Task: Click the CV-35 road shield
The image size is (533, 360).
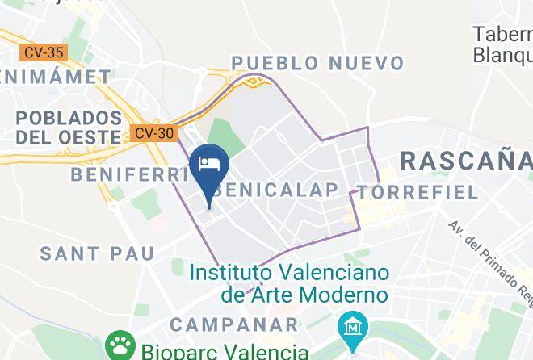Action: coord(44,52)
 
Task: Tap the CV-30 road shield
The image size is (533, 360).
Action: coord(153,133)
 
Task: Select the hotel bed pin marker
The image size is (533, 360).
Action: coord(209,165)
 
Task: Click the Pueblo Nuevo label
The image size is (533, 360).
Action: coord(317,63)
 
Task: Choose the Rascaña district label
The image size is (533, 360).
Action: coord(466,160)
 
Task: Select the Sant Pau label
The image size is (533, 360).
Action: coord(97,253)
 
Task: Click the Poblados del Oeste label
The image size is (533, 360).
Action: coord(68,128)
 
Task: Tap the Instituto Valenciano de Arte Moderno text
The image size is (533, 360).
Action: coord(289,283)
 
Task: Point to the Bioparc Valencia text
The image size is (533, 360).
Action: coord(225,352)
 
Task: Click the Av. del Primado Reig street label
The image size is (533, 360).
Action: coord(490,257)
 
